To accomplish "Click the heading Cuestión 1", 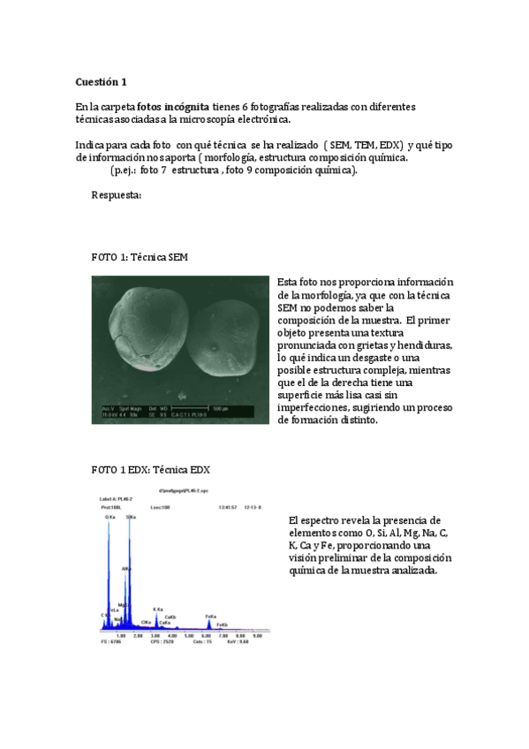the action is pos(102,82).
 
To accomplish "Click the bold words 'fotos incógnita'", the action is pos(174,107).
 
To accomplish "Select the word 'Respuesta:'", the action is pos(117,195).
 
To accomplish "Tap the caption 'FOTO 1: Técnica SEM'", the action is pos(140,257).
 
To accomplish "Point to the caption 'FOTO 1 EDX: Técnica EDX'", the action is pos(151,469).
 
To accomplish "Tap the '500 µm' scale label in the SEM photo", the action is pos(222,408).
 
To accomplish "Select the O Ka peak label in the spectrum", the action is pos(109,516).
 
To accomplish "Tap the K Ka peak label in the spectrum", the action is pos(158,609).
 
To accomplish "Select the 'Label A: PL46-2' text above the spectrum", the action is pos(117,498).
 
